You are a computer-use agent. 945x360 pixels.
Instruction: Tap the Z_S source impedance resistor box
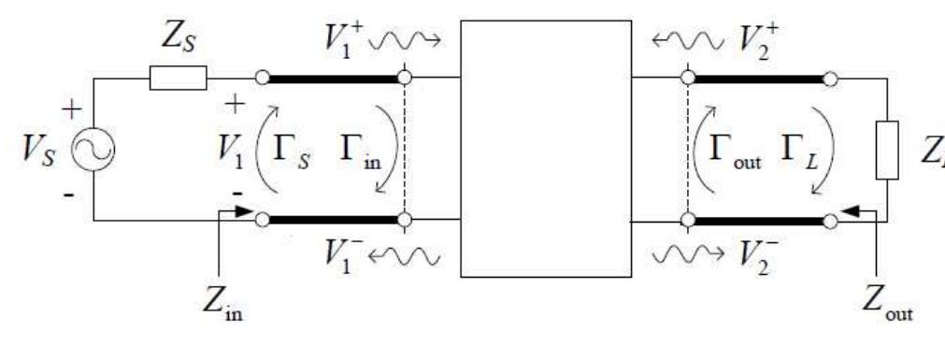pyautogui.click(x=178, y=79)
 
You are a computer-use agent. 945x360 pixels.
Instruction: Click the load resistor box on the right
pyautogui.click(x=887, y=150)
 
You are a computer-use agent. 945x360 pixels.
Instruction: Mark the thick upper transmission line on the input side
pyautogui.click(x=333, y=79)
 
